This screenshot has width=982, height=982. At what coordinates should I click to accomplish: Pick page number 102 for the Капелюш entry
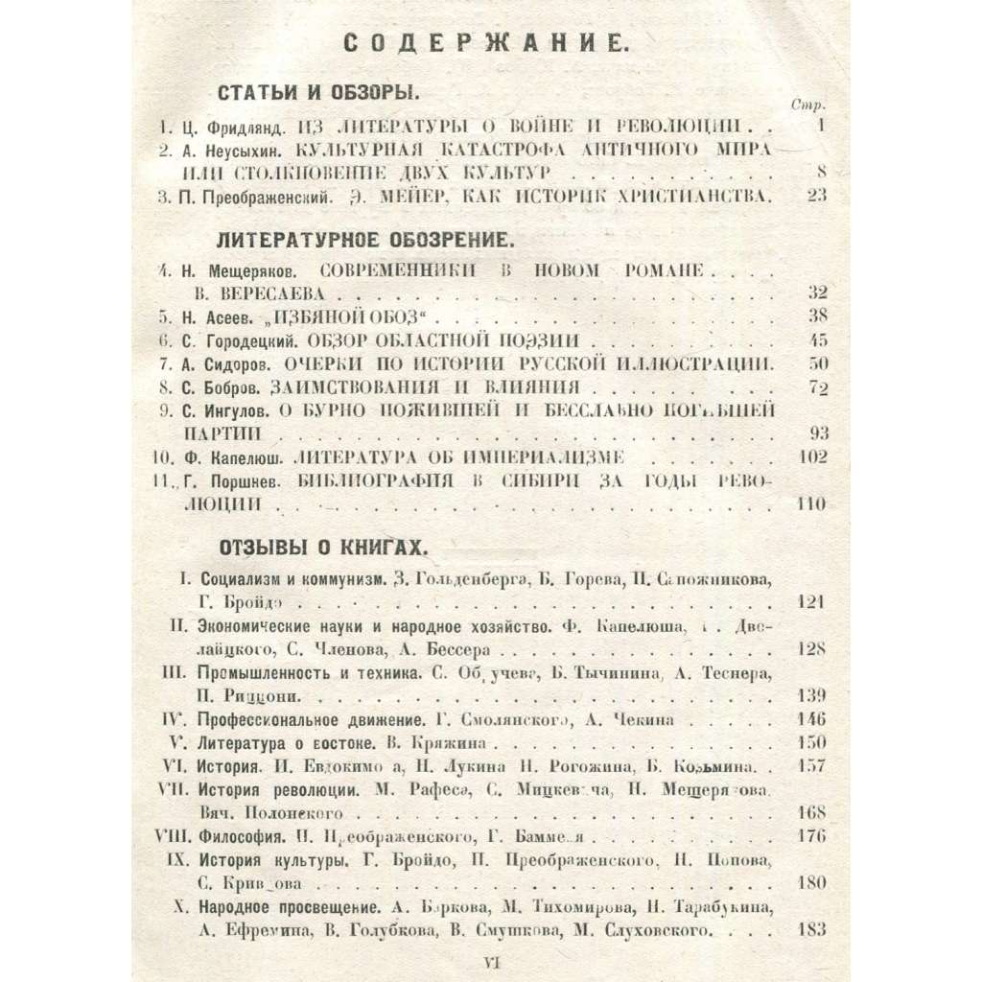coord(810,456)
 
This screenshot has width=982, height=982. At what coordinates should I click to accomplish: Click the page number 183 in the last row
coord(810,930)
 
